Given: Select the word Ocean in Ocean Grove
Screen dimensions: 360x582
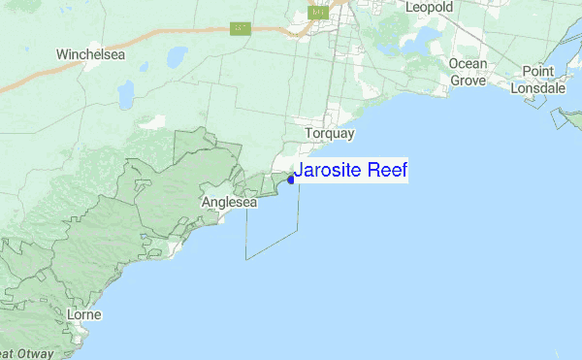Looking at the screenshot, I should pos(468,64).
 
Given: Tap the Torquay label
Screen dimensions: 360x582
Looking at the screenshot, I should pos(330,133).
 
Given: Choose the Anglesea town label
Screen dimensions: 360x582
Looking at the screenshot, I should pos(229,203).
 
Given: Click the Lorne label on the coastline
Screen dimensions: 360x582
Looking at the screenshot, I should pos(84,315).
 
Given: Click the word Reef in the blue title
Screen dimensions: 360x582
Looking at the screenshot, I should pos(385,172).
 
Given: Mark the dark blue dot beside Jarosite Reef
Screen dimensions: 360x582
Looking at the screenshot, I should pos(291,180).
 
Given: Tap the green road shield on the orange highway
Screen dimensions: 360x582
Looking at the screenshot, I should pos(242,28).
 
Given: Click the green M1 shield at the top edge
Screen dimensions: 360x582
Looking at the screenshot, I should pos(318,12).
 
